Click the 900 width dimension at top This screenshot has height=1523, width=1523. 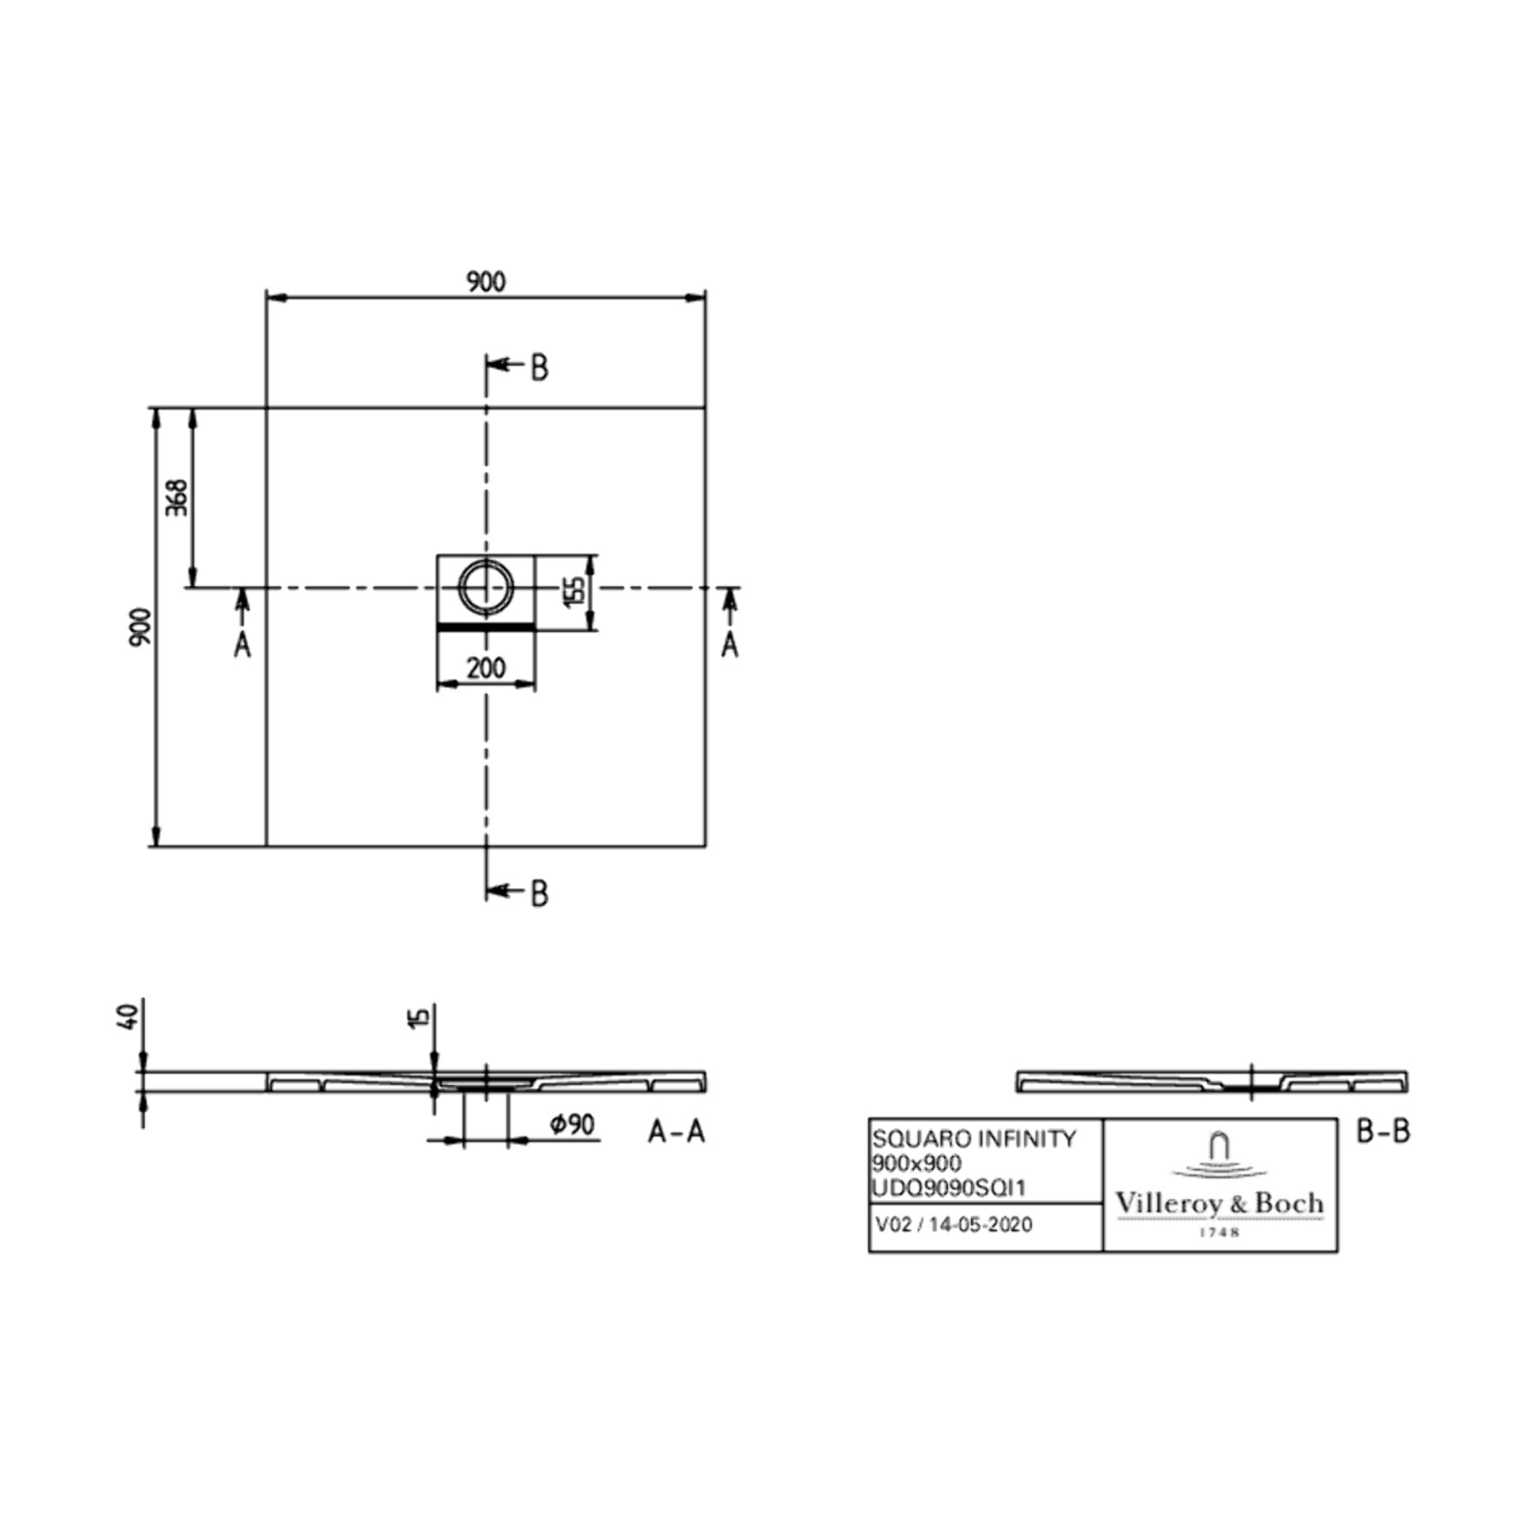pyautogui.click(x=485, y=281)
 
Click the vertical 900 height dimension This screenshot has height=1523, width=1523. pyautogui.click(x=141, y=627)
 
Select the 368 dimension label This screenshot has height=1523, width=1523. pyautogui.click(x=176, y=497)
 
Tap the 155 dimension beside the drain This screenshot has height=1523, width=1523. pyautogui.click(x=575, y=591)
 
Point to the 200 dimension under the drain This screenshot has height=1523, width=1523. pyautogui.click(x=486, y=668)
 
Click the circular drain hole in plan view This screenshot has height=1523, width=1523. pyautogui.click(x=486, y=587)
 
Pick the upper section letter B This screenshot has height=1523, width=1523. pyautogui.click(x=539, y=368)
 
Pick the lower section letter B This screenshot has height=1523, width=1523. pyautogui.click(x=539, y=894)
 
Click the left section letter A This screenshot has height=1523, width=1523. pyautogui.click(x=243, y=645)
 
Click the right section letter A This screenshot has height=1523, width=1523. pyautogui.click(x=729, y=645)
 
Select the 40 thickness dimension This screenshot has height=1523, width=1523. pyautogui.click(x=129, y=1017)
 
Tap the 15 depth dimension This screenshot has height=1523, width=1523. pyautogui.click(x=418, y=1017)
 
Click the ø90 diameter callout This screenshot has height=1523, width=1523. pyautogui.click(x=573, y=1124)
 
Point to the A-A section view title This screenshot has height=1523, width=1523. pyautogui.click(x=676, y=1132)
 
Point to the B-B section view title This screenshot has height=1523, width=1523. pyautogui.click(x=1383, y=1131)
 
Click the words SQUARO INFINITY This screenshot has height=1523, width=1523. pyautogui.click(x=974, y=1139)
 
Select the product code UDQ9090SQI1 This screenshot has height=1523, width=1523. pyautogui.click(x=948, y=1188)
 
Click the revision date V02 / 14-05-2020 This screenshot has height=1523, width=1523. pyautogui.click(x=954, y=1225)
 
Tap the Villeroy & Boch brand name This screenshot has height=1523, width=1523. pyautogui.click(x=1219, y=1203)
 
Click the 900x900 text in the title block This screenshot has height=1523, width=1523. pyautogui.click(x=916, y=1163)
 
